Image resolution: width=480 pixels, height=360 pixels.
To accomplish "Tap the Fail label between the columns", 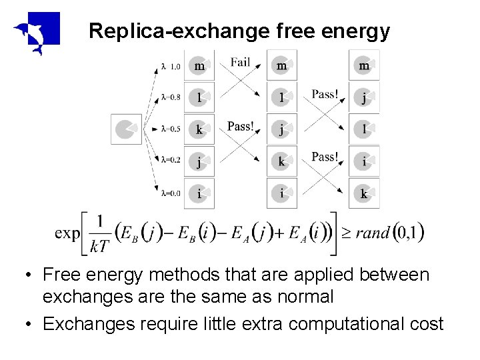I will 240,63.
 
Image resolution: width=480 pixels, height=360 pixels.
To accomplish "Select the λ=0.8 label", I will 170,98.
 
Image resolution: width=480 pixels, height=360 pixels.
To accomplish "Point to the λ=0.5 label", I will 170,129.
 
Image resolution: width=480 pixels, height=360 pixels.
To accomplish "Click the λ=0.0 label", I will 170,194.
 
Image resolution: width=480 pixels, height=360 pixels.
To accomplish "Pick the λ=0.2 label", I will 170,161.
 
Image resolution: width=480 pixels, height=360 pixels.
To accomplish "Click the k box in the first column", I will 199,129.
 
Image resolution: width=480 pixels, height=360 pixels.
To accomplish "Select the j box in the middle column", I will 282,129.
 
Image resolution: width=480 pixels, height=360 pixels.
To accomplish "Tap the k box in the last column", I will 364,194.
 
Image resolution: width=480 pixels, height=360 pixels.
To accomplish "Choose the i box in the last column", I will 364,161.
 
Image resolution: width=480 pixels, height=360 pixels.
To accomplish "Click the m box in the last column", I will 364,65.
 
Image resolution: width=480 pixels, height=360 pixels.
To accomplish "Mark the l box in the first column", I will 199,98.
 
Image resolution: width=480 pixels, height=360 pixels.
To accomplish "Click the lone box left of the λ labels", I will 126,129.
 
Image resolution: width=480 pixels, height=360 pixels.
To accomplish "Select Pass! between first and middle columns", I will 240,126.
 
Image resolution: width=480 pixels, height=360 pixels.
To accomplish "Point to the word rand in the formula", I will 373,233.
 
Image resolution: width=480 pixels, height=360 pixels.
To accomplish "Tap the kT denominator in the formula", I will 99,247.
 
